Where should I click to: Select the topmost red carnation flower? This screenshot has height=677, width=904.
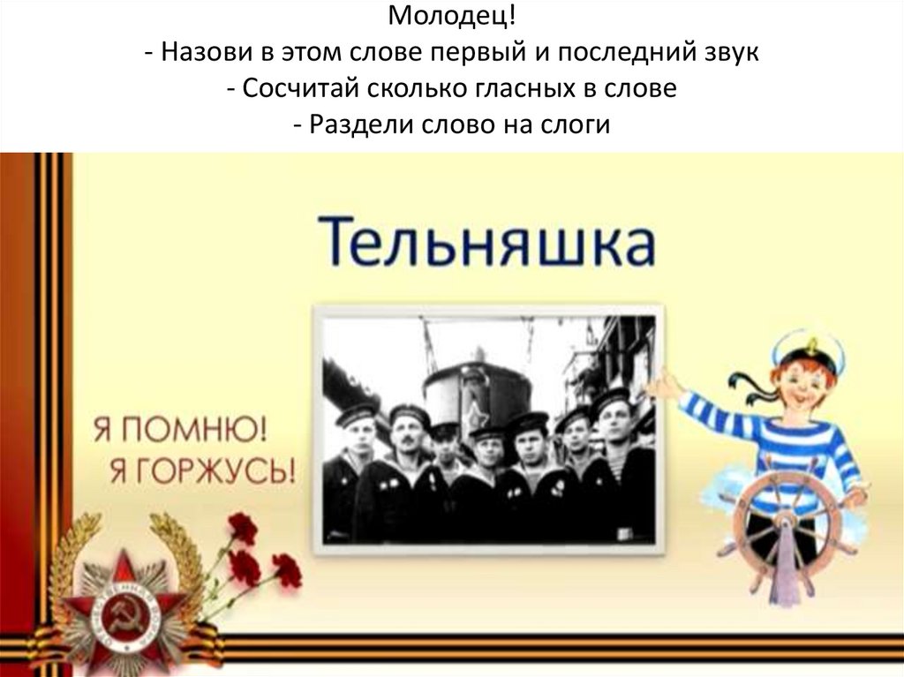[243, 527]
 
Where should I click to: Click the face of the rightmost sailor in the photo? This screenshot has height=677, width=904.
[614, 417]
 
